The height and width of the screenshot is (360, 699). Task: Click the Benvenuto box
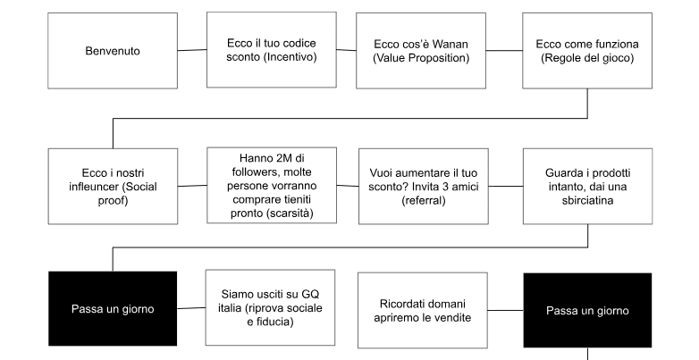[x=113, y=50]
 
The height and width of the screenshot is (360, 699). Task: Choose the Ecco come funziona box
[x=586, y=50]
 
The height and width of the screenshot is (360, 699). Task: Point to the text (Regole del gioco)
[x=586, y=58]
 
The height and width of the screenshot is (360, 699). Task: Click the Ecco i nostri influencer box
[x=113, y=186]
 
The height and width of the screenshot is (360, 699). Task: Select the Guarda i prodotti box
[x=586, y=186]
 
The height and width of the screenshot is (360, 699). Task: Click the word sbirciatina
[x=586, y=201]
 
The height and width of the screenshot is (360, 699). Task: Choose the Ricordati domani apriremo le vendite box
[x=420, y=309]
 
